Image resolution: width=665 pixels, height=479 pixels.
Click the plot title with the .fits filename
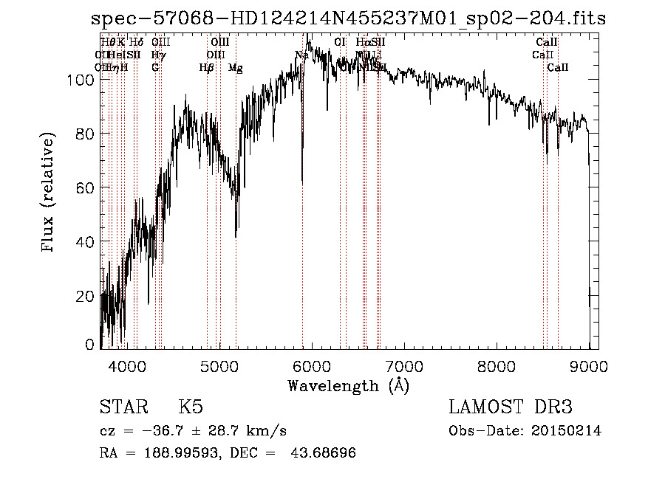pyautogui.click(x=348, y=18)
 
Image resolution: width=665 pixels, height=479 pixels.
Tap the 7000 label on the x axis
pyautogui.click(x=404, y=365)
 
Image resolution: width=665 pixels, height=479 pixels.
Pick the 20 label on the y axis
pyautogui.click(x=86, y=296)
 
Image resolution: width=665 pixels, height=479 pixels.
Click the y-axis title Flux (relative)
pyautogui.click(x=50, y=193)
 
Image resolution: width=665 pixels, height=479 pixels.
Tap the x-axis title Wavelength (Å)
pyautogui.click(x=348, y=385)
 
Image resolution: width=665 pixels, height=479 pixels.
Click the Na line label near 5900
pyautogui.click(x=301, y=55)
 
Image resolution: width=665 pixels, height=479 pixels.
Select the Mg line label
pyautogui.click(x=236, y=68)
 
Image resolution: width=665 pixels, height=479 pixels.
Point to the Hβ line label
pyautogui.click(x=207, y=68)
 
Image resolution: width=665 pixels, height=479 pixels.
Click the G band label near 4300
pyautogui.click(x=155, y=68)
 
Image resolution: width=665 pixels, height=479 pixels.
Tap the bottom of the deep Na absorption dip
pyautogui.click(x=302, y=180)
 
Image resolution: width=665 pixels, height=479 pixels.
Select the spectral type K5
pyautogui.click(x=191, y=407)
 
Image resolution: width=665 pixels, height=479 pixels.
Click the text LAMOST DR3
pyautogui.click(x=511, y=407)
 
